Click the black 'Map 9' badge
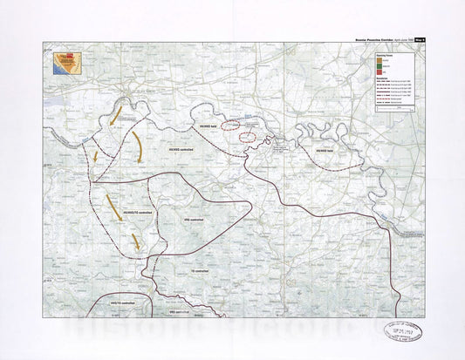pos(420,39)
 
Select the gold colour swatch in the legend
pos(380,60)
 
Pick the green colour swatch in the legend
pos(380,66)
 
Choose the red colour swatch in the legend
pos(380,73)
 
